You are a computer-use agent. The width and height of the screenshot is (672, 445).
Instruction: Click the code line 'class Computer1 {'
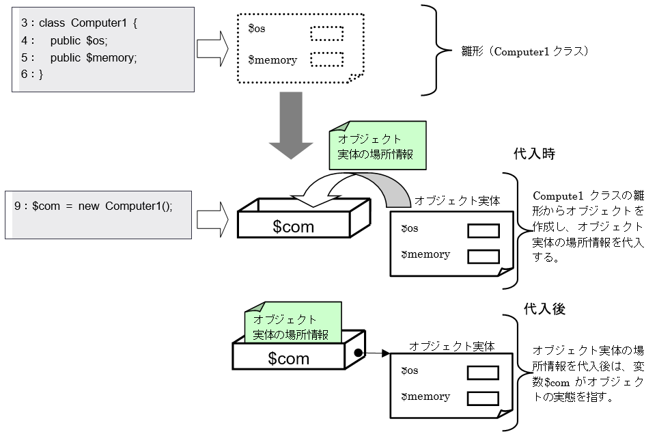pos(88,23)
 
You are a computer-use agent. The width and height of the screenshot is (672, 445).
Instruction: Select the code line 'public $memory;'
pos(94,57)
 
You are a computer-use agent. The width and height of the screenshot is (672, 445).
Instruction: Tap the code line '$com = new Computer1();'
pos(102,206)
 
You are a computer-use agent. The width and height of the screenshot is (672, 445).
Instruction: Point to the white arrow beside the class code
pos(212,48)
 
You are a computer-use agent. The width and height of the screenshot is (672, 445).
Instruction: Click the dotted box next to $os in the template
pos(327,33)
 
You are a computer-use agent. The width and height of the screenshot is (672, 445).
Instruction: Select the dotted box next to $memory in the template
pos(327,59)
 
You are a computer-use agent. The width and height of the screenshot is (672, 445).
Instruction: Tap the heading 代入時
pos(534,154)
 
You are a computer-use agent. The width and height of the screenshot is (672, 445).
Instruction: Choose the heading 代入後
pos(544,309)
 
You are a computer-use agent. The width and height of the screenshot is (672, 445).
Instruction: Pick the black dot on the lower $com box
pos(357,353)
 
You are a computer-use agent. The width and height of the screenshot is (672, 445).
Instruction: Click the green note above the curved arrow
pos(377,146)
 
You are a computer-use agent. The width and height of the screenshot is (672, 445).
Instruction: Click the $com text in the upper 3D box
pos(293,227)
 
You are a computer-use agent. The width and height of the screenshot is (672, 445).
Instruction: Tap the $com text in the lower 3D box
pos(288,358)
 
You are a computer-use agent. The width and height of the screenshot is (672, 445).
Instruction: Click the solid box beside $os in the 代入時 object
pos(483,230)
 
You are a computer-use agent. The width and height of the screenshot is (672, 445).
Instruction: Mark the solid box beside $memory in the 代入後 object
pos(483,398)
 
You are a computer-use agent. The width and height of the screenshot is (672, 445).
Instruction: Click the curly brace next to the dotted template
pos(430,50)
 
